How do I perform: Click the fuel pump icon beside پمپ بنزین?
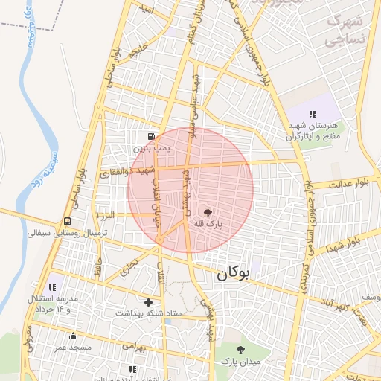(152, 136)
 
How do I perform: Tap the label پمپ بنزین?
(152, 149)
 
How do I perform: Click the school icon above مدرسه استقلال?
(52, 286)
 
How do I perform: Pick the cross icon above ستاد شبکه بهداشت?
(149, 302)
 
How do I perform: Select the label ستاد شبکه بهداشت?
(149, 314)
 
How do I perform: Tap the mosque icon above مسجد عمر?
(72, 336)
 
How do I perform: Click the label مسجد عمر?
(72, 348)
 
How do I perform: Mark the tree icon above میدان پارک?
(240, 349)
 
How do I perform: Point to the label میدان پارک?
(240, 361)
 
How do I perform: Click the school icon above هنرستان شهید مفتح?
(313, 114)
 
